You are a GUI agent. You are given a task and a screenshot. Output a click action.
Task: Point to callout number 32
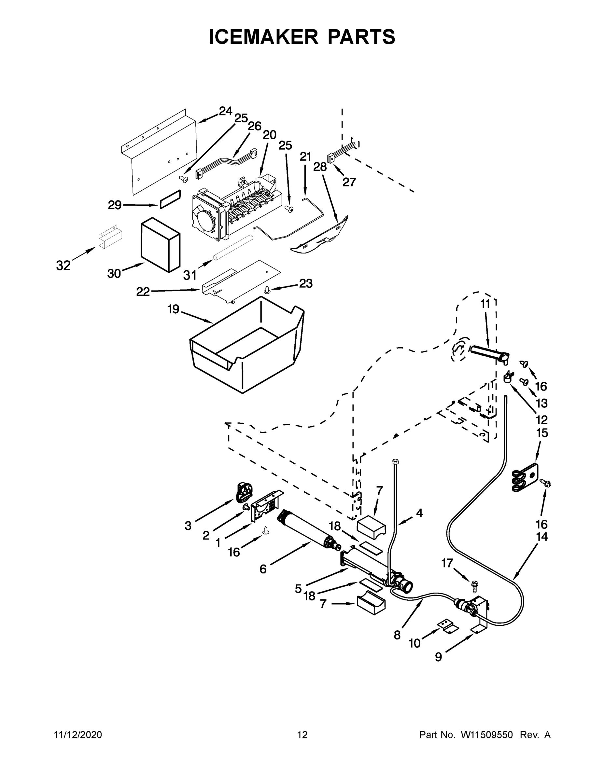pyautogui.click(x=63, y=265)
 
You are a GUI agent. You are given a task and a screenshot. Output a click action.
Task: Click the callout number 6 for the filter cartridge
pyautogui.click(x=263, y=569)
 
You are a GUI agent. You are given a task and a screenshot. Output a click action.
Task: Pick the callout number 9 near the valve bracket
pyautogui.click(x=438, y=657)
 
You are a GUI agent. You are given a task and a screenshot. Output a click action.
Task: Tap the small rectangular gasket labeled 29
pyautogui.click(x=170, y=199)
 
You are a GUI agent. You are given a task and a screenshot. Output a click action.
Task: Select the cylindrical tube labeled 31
pyautogui.click(x=232, y=247)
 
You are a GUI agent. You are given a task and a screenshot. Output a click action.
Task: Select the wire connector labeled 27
pyautogui.click(x=331, y=158)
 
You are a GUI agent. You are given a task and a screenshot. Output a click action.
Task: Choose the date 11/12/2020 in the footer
pyautogui.click(x=78, y=735)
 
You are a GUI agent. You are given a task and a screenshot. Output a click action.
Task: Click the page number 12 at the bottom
pyautogui.click(x=302, y=735)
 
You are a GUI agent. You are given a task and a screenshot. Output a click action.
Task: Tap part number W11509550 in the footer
pyautogui.click(x=487, y=735)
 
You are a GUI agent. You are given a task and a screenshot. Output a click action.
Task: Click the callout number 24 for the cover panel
pyautogui.click(x=225, y=111)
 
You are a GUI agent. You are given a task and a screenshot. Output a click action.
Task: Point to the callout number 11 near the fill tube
pyautogui.click(x=485, y=304)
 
